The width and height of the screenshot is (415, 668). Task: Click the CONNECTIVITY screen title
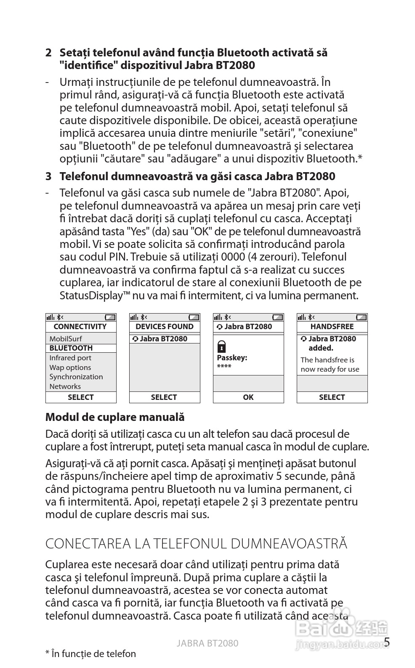click(80, 327)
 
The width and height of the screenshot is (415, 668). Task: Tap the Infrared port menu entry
click(70, 358)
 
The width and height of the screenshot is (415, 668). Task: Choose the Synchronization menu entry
click(76, 377)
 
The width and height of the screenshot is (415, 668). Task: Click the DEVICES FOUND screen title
click(164, 327)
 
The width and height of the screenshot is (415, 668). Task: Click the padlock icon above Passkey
click(221, 347)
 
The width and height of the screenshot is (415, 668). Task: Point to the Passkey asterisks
click(224, 367)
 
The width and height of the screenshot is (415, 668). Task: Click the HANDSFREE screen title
click(332, 327)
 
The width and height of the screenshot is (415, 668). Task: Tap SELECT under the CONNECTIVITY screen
click(80, 397)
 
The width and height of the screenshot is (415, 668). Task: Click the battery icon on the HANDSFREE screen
click(361, 317)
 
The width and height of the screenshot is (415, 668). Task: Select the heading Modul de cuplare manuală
click(115, 417)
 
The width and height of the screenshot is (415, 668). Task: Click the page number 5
click(387, 642)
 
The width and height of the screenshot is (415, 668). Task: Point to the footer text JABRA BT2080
click(207, 643)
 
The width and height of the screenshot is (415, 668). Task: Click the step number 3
click(48, 176)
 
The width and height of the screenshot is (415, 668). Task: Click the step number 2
click(48, 53)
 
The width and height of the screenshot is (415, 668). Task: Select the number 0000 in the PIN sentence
click(233, 257)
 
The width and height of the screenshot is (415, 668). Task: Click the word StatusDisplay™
click(95, 295)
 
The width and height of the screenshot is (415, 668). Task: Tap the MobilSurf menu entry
click(66, 339)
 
